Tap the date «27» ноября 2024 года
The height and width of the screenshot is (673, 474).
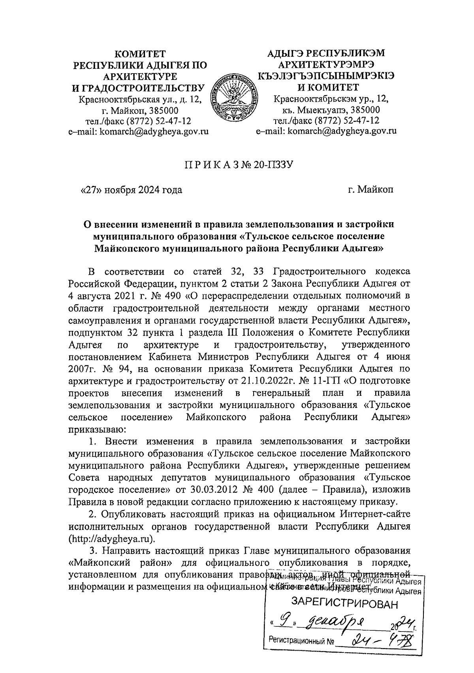tap(131, 190)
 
